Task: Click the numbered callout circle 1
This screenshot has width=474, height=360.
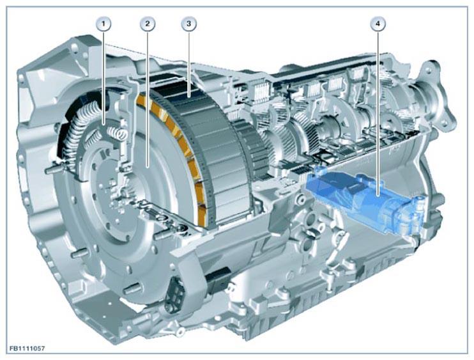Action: [103, 24]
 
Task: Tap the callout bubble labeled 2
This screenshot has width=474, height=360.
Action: [147, 24]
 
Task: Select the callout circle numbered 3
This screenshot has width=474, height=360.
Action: [188, 24]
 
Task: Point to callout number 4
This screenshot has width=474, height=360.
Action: [378, 24]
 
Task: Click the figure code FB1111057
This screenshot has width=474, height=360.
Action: [27, 348]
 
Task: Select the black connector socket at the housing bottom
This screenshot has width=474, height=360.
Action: [175, 293]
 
